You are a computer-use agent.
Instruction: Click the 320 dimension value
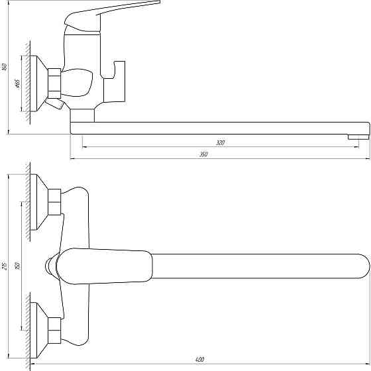(x=220, y=143)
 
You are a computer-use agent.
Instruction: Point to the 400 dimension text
(x=199, y=360)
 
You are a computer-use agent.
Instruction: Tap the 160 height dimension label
(x=5, y=66)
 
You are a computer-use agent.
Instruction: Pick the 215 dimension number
(x=5, y=266)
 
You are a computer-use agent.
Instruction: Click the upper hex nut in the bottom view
(x=54, y=201)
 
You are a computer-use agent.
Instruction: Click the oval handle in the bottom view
(x=106, y=266)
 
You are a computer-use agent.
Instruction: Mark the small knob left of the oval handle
(x=48, y=266)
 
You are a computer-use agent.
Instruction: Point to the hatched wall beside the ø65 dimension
(x=28, y=82)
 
